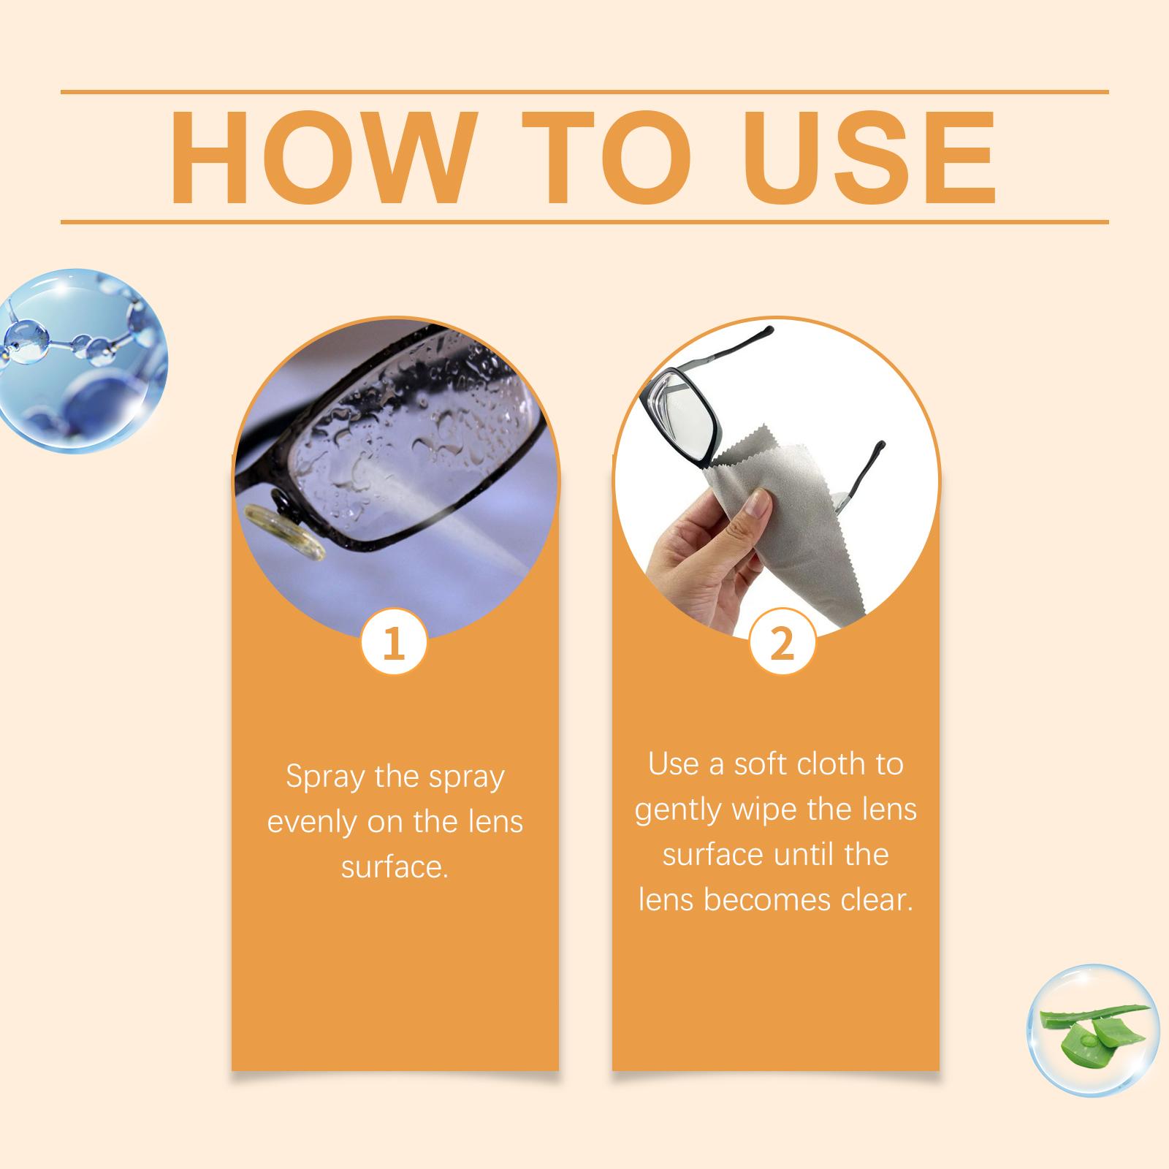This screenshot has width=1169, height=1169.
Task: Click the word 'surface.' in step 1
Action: [x=395, y=867]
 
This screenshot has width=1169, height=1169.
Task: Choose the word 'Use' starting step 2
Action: [x=672, y=764]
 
